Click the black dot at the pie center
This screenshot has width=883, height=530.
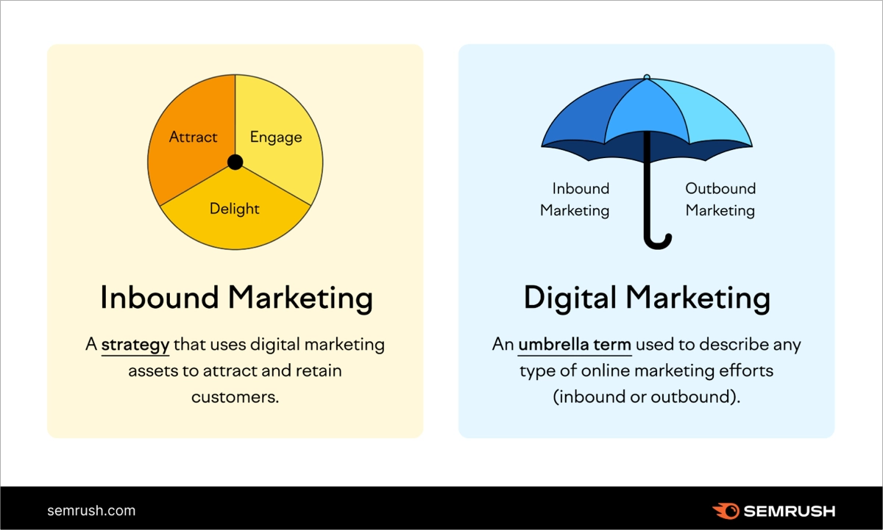pyautogui.click(x=235, y=162)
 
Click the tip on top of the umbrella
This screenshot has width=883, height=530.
pyautogui.click(x=646, y=76)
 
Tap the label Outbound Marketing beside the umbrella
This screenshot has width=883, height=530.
pyautogui.click(x=720, y=199)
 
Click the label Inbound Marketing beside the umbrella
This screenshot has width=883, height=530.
pyautogui.click(x=575, y=199)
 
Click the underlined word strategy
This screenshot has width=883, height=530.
pyautogui.click(x=135, y=345)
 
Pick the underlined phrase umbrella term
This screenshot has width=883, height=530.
pyautogui.click(x=575, y=345)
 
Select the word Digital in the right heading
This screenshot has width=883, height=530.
pyautogui.click(x=570, y=298)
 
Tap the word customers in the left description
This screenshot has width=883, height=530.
pyautogui.click(x=235, y=397)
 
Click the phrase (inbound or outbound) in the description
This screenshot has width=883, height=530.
pyautogui.click(x=646, y=397)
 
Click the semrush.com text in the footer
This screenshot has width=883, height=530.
pyautogui.click(x=91, y=510)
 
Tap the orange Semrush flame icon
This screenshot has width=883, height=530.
pyautogui.click(x=726, y=510)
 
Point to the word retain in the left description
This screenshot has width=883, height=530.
pyautogui.click(x=319, y=370)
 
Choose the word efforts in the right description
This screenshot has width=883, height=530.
pyautogui.click(x=743, y=370)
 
